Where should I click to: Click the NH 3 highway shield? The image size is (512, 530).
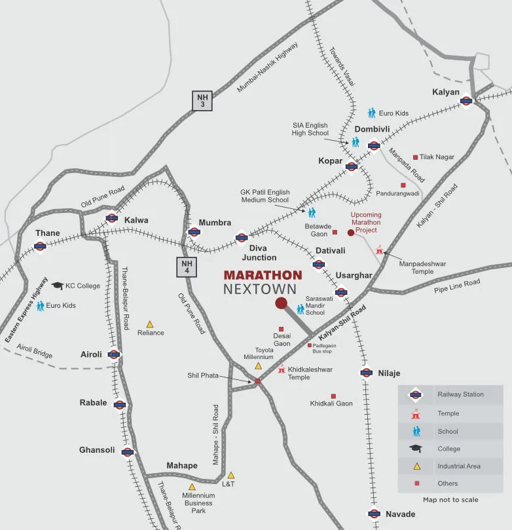202,100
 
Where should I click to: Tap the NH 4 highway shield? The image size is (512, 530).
185,267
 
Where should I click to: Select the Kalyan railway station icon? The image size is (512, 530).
466,101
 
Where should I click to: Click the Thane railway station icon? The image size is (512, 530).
40,246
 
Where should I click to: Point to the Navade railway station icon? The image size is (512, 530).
374,514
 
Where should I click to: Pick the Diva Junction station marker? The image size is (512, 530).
241,238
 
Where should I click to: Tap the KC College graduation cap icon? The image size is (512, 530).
57,285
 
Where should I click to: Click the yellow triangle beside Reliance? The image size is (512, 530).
150,324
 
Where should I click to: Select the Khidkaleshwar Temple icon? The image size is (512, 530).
282,369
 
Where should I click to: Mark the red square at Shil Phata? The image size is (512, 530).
257,381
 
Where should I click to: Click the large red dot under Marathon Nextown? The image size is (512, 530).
281,303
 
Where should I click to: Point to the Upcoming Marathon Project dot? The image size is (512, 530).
351,233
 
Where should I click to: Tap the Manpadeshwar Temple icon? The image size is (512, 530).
379,250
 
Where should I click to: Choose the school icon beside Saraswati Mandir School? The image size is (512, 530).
301,308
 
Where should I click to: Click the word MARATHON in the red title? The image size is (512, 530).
263,276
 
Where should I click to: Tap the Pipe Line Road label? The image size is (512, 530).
457,286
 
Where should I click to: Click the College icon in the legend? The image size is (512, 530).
415,449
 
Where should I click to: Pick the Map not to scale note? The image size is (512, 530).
450,500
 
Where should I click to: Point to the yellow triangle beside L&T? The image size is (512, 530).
230,475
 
